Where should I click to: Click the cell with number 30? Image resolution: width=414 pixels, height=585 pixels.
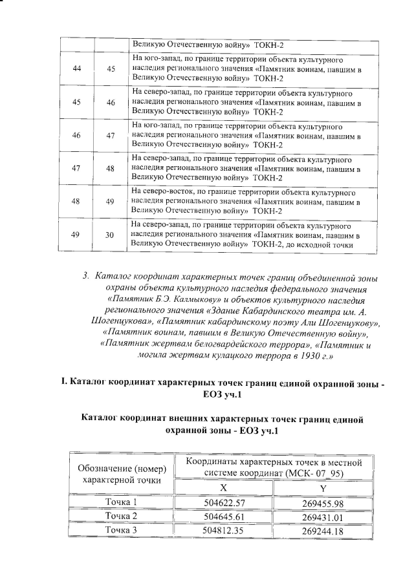point(111,236)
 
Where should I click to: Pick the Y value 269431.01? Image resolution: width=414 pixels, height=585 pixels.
point(322,516)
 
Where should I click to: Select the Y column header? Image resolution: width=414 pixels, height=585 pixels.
point(322,489)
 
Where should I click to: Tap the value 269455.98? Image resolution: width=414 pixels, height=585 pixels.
point(322,503)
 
